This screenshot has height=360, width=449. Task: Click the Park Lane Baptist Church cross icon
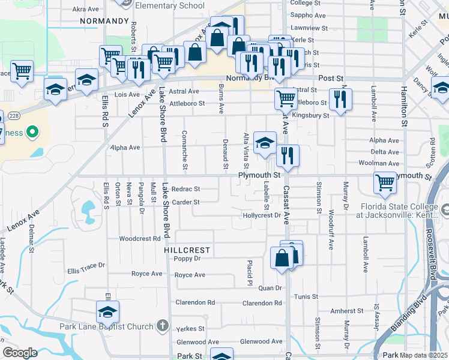(x=161, y=326)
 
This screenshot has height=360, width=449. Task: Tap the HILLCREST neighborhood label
(x=188, y=250)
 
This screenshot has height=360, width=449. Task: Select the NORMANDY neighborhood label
(x=104, y=20)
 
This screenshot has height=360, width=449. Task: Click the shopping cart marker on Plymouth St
(x=385, y=184)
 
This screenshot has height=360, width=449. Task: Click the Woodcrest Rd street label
(x=139, y=238)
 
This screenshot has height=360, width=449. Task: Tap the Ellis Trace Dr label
(x=86, y=265)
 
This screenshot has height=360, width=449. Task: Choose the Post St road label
(x=331, y=79)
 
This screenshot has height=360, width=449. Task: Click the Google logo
(x=20, y=353)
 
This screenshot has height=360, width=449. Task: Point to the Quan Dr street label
(x=270, y=288)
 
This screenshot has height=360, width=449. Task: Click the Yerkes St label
(x=190, y=329)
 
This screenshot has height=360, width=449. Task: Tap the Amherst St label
(x=348, y=311)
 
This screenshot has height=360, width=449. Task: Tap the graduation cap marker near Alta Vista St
(x=264, y=143)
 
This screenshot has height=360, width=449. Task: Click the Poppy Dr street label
(x=187, y=259)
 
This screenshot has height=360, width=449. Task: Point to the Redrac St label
(x=185, y=188)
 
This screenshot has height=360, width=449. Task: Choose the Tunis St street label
(x=306, y=296)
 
